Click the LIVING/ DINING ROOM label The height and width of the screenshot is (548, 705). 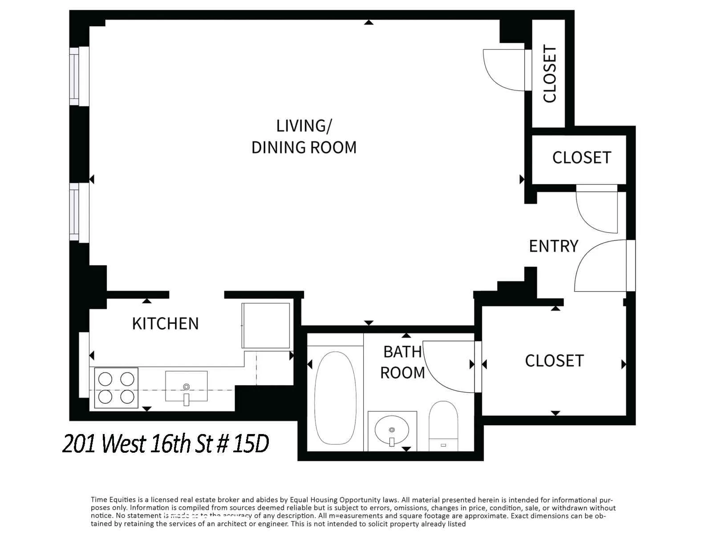(304, 137)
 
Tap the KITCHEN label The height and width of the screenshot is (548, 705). (165, 324)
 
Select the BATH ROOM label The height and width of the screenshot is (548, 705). (402, 362)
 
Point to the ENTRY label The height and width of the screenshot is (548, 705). (553, 246)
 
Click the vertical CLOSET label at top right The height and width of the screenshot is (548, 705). (550, 74)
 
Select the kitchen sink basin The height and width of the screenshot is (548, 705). (186, 386)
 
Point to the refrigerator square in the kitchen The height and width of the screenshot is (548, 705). (266, 325)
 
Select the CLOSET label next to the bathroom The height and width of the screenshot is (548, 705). (554, 361)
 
